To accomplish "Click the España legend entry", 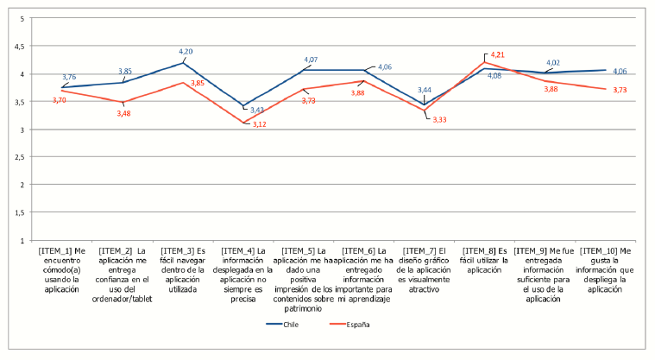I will (x=356, y=325).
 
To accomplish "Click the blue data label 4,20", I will (x=186, y=52).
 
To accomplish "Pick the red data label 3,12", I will (x=259, y=124).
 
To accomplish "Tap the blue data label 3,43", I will (x=256, y=110).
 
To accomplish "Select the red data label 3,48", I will (x=125, y=112).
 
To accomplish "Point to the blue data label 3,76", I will (x=70, y=77).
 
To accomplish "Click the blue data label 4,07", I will (x=311, y=60).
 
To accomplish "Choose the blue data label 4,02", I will (x=553, y=62).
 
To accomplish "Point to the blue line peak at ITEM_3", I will (x=182, y=63).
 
